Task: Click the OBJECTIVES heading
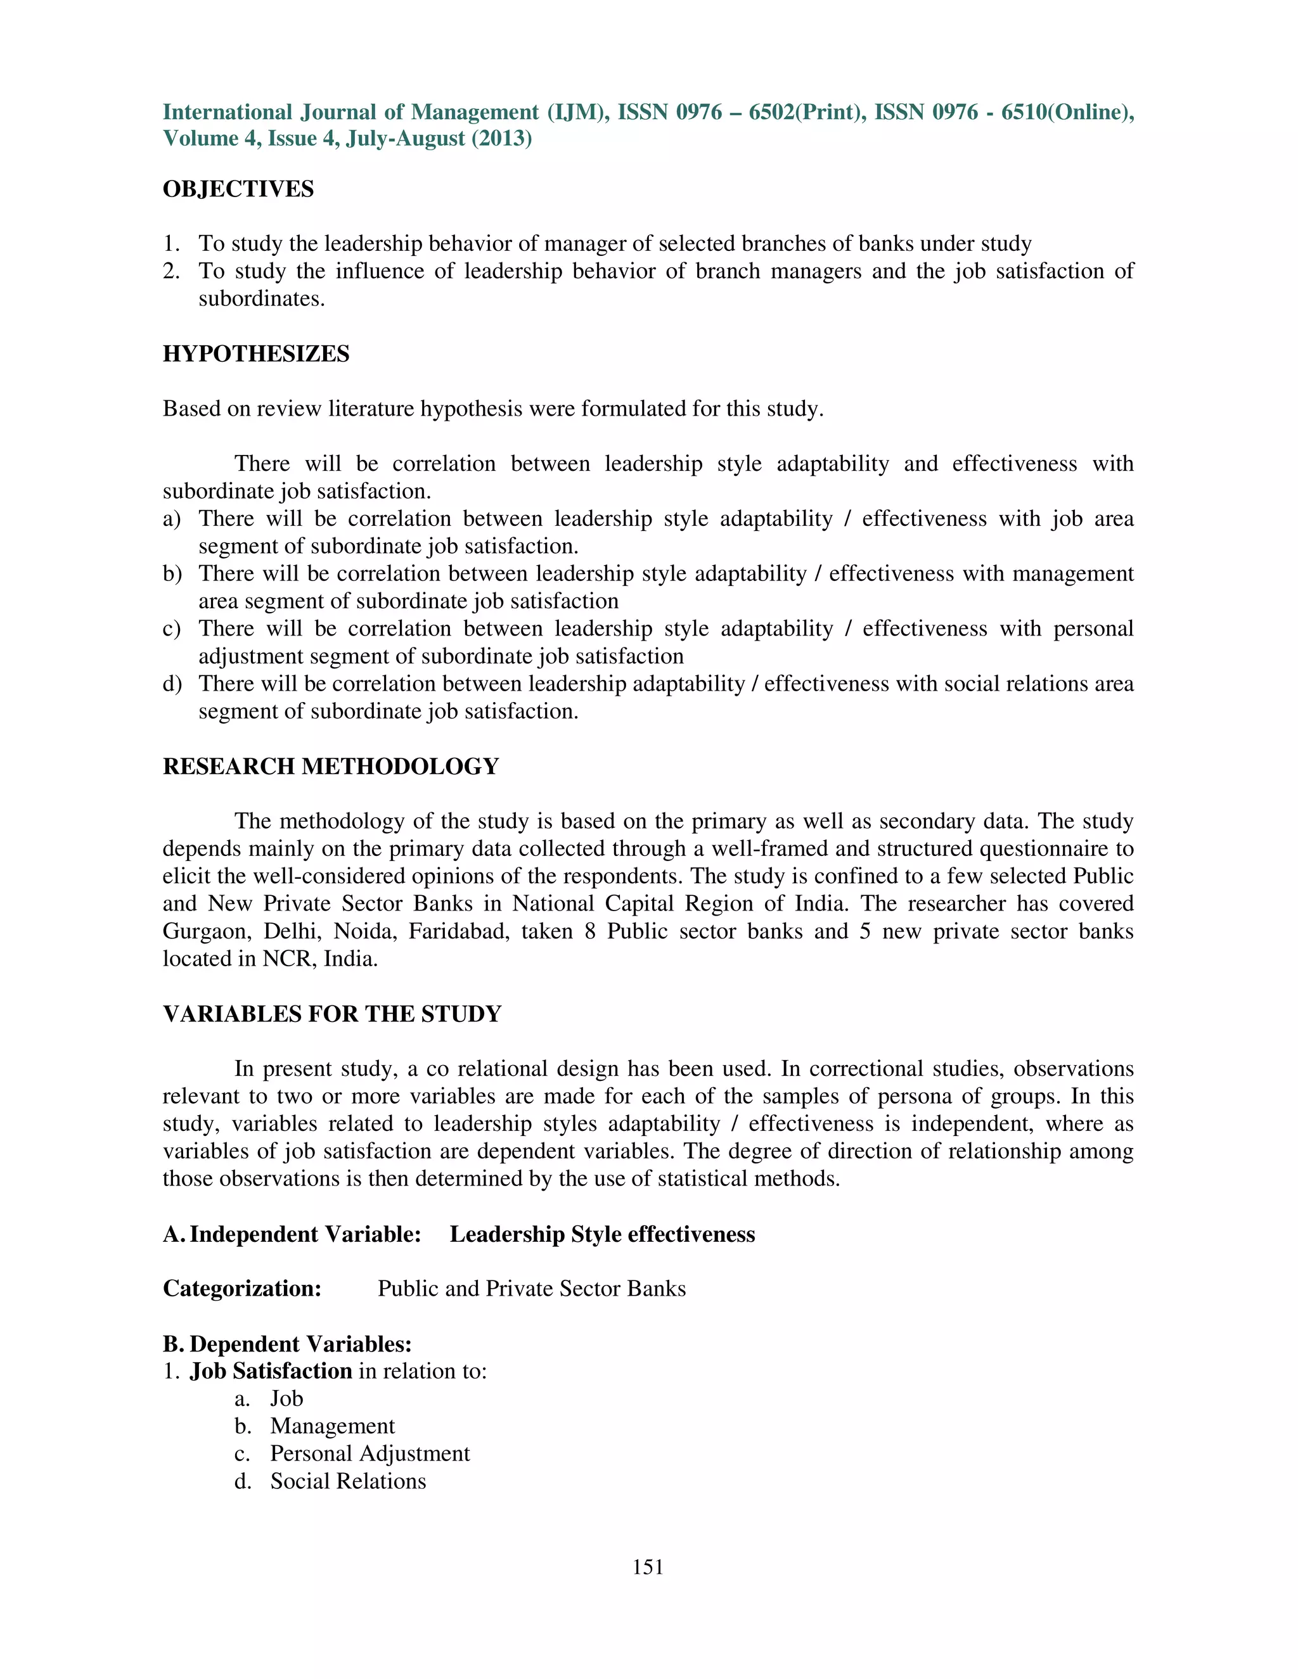[238, 189]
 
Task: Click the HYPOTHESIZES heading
[256, 354]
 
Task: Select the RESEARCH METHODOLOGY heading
[331, 767]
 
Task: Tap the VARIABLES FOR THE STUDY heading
[331, 1014]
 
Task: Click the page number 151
[648, 1567]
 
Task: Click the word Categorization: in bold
[242, 1289]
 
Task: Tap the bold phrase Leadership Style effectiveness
[602, 1234]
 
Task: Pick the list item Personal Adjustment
[369, 1453]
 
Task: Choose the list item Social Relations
[347, 1481]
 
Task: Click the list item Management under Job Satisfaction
[332, 1426]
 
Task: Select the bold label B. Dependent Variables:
[288, 1344]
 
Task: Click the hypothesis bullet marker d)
[172, 684]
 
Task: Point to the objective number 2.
[170, 271]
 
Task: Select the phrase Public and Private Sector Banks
[531, 1289]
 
